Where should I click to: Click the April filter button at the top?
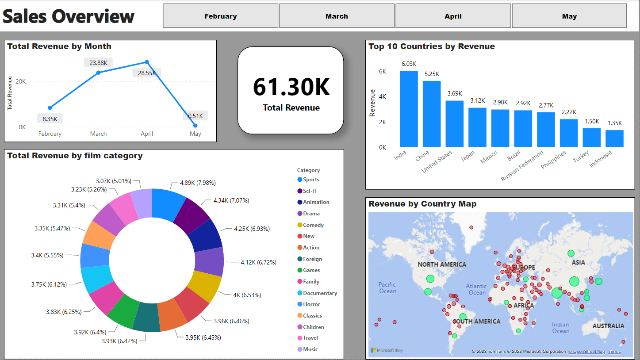click(453, 16)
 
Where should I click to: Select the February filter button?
click(220, 16)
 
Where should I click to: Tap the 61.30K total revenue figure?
click(291, 87)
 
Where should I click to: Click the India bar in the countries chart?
click(409, 109)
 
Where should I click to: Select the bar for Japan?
click(477, 127)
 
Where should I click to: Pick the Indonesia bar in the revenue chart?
click(614, 138)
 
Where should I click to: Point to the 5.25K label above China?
click(431, 74)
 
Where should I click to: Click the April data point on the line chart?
click(147, 62)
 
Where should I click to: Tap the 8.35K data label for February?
click(50, 119)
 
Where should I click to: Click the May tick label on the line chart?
click(195, 134)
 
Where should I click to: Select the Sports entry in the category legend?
click(311, 180)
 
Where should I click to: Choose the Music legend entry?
click(310, 349)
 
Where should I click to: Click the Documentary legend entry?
click(320, 293)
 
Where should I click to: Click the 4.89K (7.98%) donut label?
click(198, 183)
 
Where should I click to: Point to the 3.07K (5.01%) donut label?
click(114, 181)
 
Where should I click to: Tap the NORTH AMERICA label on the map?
click(442, 264)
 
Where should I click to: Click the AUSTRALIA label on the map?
click(608, 326)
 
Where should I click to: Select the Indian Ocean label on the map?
click(560, 328)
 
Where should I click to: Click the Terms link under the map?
click(614, 352)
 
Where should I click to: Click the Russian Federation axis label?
click(523, 166)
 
